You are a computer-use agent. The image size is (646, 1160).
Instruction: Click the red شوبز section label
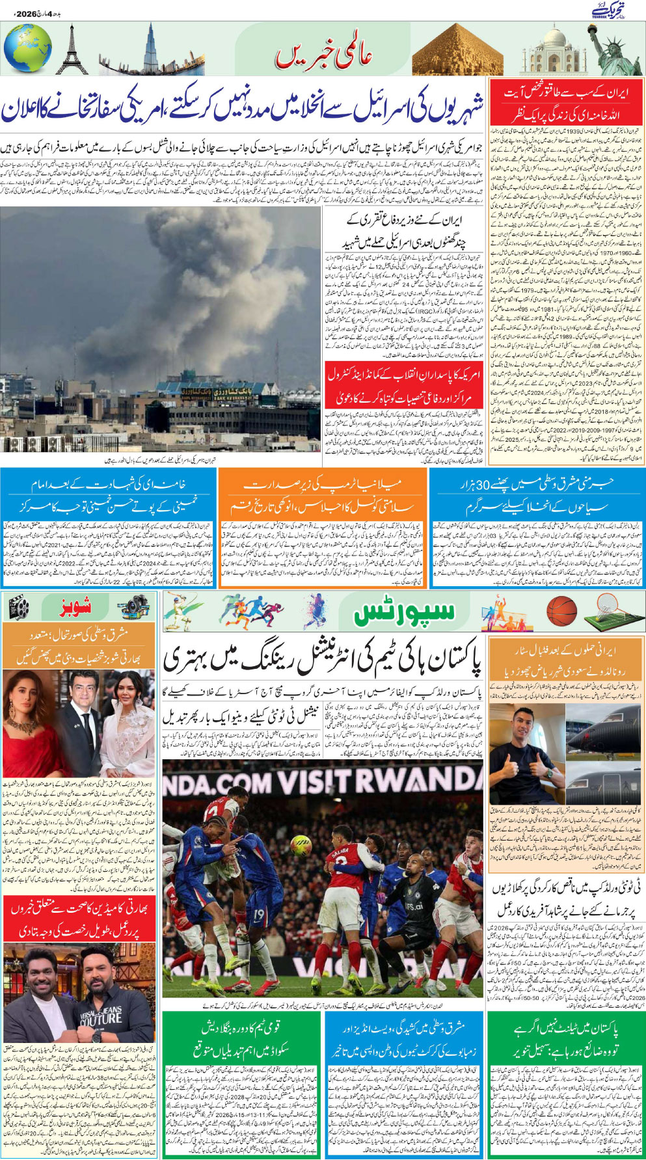tap(75, 608)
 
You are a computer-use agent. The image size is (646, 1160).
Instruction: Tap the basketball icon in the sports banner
tap(561, 612)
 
